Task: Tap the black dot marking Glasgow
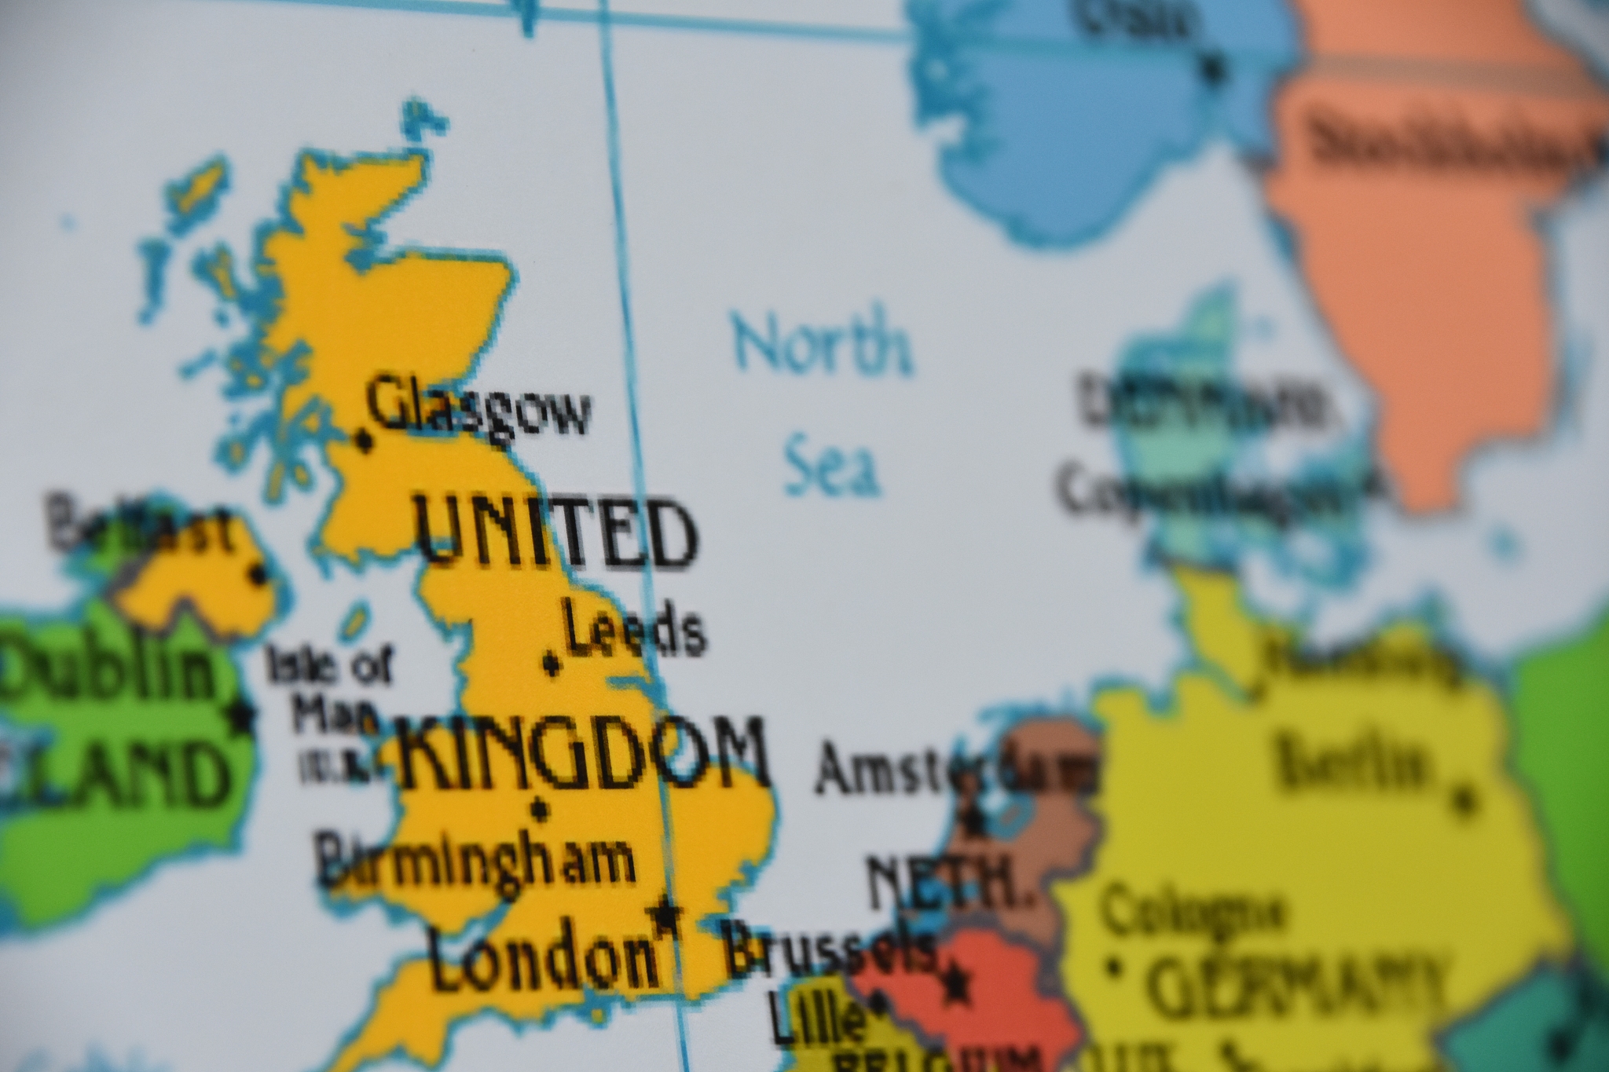363,441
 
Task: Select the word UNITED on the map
555,533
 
